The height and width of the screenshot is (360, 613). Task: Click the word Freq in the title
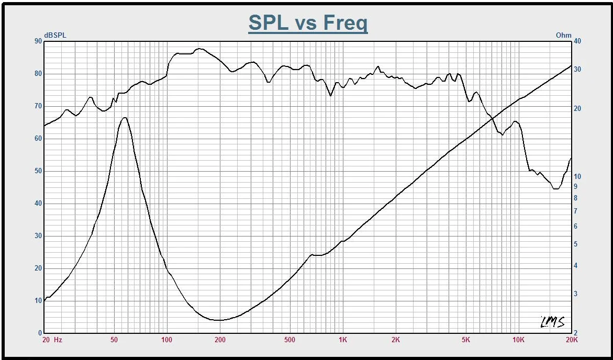(x=345, y=23)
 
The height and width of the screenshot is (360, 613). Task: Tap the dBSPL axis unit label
(x=55, y=35)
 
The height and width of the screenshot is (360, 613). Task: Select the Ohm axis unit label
(x=564, y=35)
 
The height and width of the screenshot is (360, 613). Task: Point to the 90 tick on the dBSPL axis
(x=38, y=41)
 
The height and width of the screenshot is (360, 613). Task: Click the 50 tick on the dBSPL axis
(x=38, y=171)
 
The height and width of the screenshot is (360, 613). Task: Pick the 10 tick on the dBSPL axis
(x=38, y=301)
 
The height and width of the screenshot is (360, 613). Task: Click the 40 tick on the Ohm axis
(x=577, y=41)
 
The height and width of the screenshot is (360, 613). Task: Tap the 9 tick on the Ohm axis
(x=575, y=187)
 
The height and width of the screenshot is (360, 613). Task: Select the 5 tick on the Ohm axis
(x=575, y=244)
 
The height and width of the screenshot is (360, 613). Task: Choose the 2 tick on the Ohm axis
(x=575, y=333)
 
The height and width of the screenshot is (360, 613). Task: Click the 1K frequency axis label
(x=342, y=340)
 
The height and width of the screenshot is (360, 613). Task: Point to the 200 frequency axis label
(x=220, y=340)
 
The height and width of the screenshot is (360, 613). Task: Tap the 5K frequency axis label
(x=466, y=340)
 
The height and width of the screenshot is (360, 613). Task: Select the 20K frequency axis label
(x=572, y=340)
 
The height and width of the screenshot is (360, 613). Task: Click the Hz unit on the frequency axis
(x=58, y=340)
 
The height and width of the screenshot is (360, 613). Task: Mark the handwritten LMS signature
(x=552, y=322)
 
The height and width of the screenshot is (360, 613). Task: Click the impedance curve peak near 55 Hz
(x=124, y=118)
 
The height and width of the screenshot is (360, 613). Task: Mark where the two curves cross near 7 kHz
(x=492, y=119)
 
